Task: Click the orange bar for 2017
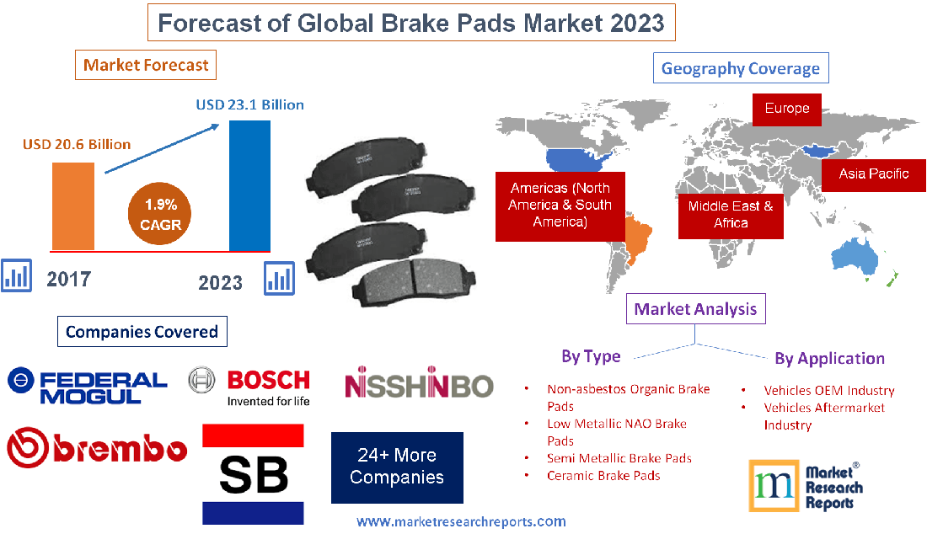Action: point(73,206)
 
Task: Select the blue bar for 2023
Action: point(249,186)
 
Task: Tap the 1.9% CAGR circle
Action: point(159,214)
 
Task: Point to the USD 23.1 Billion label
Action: point(250,104)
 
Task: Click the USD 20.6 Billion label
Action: point(77,144)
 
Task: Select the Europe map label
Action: point(787,109)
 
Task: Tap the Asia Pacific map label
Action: point(874,175)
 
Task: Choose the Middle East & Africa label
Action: point(731,216)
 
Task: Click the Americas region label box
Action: point(560,206)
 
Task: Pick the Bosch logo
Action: point(249,387)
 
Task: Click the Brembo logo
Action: point(97,448)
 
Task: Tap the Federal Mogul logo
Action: point(88,386)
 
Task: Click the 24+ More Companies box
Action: point(397,467)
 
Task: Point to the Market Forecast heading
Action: point(146,65)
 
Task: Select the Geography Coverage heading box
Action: point(741,68)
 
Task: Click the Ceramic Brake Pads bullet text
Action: point(603,476)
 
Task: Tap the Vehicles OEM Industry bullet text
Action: point(829,391)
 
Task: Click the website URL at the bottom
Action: point(461,522)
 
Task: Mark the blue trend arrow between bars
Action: point(162,148)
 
